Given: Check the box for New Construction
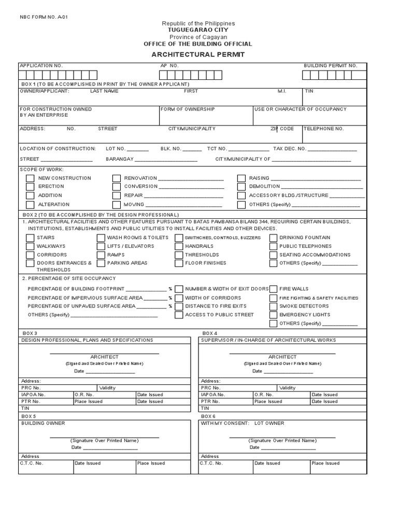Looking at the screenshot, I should (x=30, y=178).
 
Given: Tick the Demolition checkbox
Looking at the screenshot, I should (x=241, y=187).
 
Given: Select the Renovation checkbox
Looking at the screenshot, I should (x=117, y=178).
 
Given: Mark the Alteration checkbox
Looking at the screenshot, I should (x=30, y=205).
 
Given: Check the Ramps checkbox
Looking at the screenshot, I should (x=101, y=255).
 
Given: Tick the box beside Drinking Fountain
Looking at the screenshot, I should (x=273, y=238).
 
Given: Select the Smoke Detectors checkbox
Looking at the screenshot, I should (x=273, y=306).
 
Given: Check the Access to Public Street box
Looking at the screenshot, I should (x=179, y=315).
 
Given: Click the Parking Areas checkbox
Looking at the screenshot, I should (x=101, y=263).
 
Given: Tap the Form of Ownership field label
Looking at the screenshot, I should (x=188, y=109).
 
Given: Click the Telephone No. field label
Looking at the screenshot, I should (x=323, y=129).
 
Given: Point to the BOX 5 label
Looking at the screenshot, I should (x=29, y=416).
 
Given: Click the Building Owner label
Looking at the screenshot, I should (x=43, y=423).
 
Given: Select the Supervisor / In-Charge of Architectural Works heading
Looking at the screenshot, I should (x=268, y=340).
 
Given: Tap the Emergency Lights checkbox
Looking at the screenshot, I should (x=273, y=315).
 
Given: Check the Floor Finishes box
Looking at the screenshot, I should (x=179, y=263).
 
